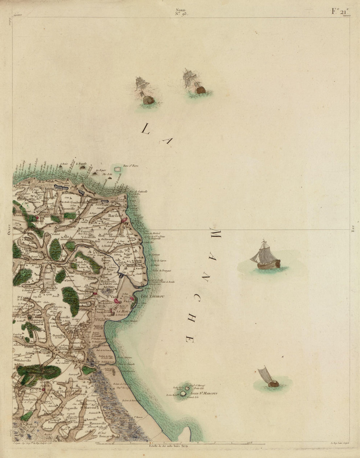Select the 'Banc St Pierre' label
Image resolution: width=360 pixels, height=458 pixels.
[x=131, y=166]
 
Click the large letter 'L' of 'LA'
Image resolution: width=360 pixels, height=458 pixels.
[x=145, y=129]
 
